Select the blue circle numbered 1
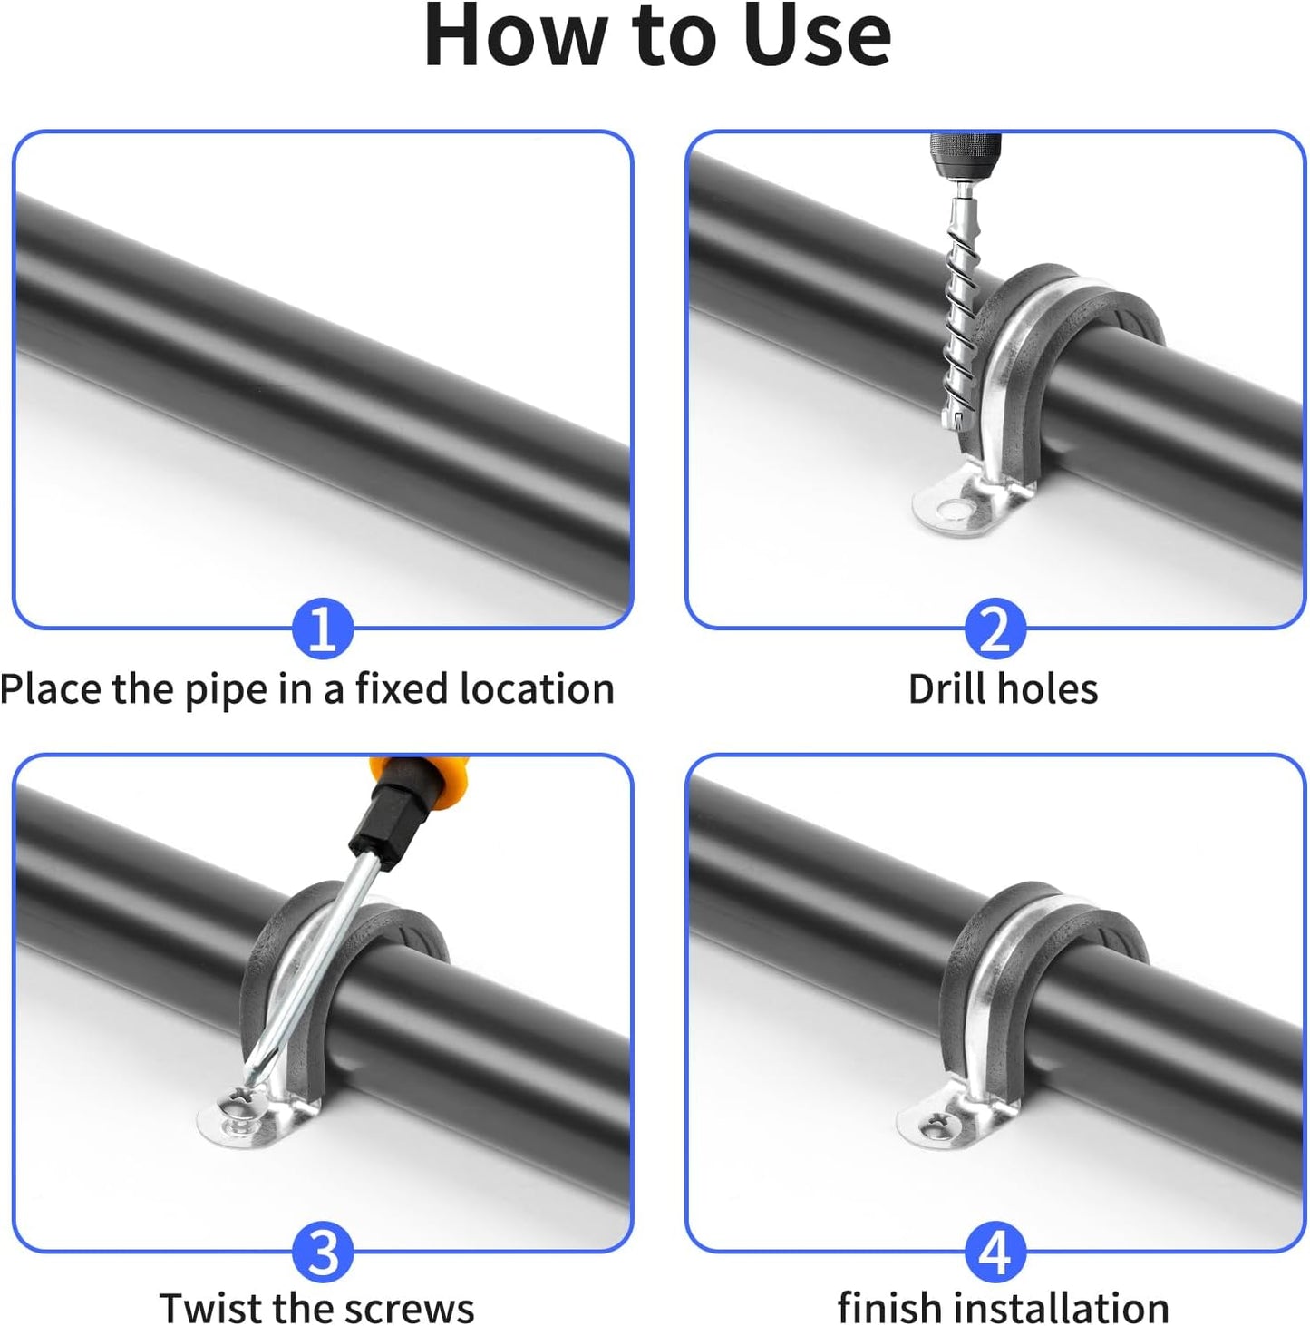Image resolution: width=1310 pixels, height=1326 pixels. pos(323,629)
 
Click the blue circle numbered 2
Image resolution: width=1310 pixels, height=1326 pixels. pos(995,629)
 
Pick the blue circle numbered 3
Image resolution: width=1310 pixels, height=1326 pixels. pos(323,1252)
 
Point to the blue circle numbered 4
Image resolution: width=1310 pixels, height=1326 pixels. pos(995,1252)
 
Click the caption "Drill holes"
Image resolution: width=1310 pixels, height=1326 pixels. pos(1003,689)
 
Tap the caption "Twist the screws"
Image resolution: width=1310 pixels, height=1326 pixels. pos(316,1308)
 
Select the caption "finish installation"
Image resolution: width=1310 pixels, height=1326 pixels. pos(1003,1308)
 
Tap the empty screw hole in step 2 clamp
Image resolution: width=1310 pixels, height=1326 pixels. pos(951,511)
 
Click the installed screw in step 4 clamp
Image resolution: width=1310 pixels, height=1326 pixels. pos(934,1127)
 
